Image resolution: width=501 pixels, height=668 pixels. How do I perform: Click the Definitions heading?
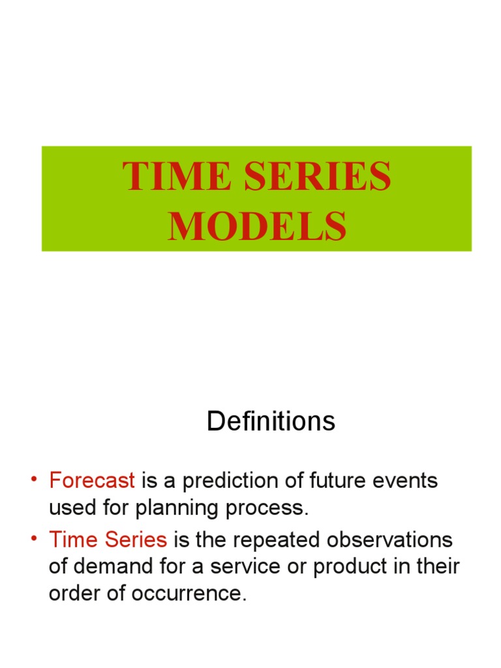[x=271, y=422]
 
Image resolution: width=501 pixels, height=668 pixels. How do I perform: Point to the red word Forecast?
[x=92, y=481]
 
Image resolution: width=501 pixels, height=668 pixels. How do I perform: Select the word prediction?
[x=237, y=481]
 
